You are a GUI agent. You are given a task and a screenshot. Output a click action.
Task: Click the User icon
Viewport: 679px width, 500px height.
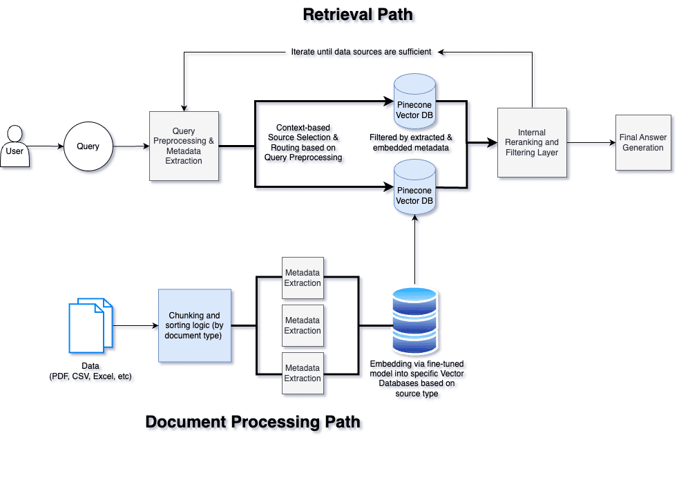click(14, 146)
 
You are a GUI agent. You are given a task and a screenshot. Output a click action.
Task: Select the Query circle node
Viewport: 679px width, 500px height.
click(88, 146)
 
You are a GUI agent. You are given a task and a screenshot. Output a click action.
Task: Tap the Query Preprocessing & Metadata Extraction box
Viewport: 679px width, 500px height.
click(184, 146)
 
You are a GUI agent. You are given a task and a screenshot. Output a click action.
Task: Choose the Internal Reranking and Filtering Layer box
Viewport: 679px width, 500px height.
click(532, 142)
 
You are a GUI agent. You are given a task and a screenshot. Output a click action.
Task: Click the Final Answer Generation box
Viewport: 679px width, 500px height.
click(643, 142)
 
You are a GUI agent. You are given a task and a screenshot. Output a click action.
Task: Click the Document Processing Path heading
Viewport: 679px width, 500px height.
click(253, 421)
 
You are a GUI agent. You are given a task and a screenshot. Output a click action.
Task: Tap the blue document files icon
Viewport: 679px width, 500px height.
click(90, 325)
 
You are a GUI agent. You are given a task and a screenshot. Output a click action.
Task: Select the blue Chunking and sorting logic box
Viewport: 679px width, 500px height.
click(195, 325)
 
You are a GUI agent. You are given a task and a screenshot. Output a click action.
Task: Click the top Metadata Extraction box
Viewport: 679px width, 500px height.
click(303, 278)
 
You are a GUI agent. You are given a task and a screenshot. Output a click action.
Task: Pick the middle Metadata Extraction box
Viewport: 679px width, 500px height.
click(303, 326)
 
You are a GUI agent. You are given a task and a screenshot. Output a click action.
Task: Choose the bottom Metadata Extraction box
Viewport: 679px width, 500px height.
click(303, 374)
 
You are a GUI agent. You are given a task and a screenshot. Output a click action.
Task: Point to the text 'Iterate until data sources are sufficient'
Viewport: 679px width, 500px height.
click(361, 52)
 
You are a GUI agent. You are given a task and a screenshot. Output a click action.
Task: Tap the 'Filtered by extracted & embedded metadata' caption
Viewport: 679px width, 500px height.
click(411, 142)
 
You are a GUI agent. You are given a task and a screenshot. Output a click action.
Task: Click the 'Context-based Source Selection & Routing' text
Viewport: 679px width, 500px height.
click(303, 142)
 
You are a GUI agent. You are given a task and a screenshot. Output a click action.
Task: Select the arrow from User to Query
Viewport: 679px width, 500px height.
click(46, 146)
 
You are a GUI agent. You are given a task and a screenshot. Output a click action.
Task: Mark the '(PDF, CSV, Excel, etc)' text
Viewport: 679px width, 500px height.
click(90, 376)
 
